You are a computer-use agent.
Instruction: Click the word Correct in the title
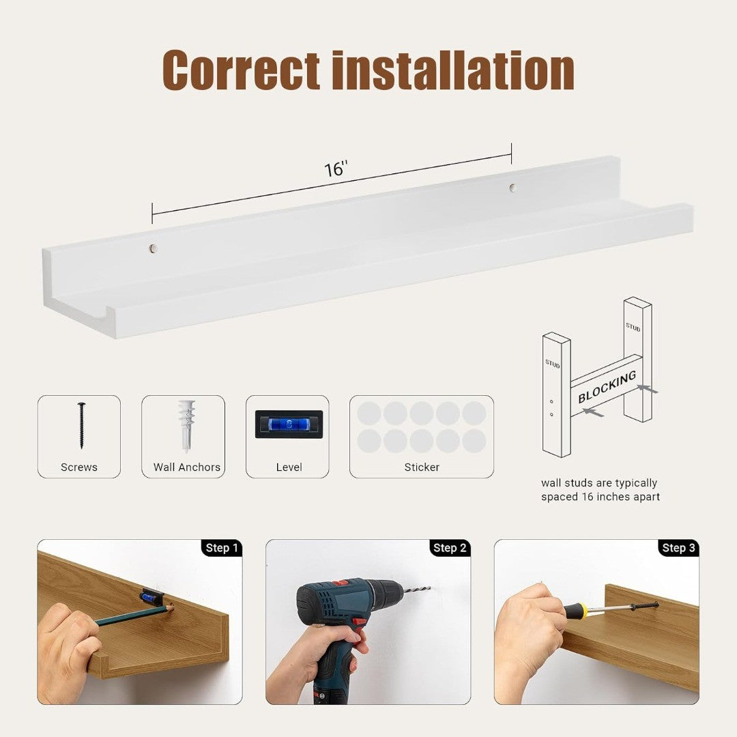[x=241, y=70]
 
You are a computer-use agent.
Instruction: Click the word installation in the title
[x=453, y=70]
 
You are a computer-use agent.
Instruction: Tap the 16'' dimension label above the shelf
[x=336, y=169]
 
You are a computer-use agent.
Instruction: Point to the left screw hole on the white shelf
[x=152, y=248]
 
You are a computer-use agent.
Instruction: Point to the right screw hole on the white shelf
[x=512, y=188]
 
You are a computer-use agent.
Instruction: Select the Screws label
[x=79, y=467]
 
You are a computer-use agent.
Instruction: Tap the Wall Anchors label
[x=186, y=467]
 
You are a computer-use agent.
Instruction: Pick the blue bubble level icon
[x=289, y=424]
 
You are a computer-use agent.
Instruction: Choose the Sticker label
[x=422, y=467]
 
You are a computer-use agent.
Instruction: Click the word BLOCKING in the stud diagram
[x=607, y=387]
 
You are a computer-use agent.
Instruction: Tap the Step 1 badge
[x=222, y=548]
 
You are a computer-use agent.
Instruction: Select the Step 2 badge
[x=449, y=548]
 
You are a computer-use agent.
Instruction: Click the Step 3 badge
[x=678, y=548]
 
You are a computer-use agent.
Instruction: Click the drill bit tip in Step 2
[x=429, y=588]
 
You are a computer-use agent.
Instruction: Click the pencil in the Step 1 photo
[x=134, y=615]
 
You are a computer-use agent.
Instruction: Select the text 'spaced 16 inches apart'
[x=601, y=497]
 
